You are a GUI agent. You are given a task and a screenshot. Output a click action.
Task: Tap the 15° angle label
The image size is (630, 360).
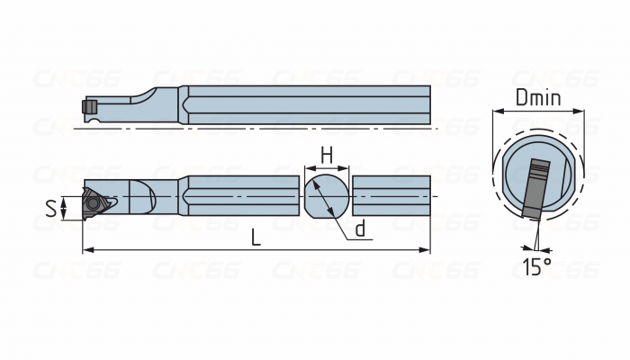pos(537,266)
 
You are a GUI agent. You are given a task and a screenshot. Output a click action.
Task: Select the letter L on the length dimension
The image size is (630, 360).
pos(256,238)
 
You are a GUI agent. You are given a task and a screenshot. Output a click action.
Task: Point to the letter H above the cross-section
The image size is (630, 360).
pos(327,156)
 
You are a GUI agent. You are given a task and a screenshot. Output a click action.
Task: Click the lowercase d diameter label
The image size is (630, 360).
pos(360,229)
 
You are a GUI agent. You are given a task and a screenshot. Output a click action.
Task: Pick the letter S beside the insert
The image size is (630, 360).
pos(51,209)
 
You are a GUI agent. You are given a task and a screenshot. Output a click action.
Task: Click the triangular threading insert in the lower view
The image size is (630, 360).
pos(96,204)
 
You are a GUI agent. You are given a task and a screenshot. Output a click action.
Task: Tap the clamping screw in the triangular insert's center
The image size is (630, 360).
pos(95,204)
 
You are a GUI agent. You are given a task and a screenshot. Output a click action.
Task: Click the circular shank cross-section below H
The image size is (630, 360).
pos(327,196)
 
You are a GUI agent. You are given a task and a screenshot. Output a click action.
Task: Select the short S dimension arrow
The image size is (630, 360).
pos(66,209)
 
